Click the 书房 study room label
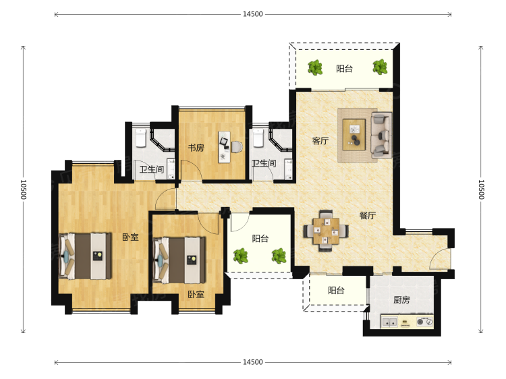pos(196,148)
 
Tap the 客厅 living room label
pos(320,141)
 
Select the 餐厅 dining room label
pos(368,215)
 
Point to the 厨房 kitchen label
pos(401,300)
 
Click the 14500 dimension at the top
pos(253,14)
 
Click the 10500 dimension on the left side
pos(23,189)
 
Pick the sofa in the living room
pos(381,135)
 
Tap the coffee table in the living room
pos(354,134)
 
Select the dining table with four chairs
pos(326,231)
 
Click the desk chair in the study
pos(237,147)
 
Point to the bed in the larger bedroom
pos(85,256)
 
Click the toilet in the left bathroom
pos(141,138)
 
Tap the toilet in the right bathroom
pos(258,138)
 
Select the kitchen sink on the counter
pos(390,322)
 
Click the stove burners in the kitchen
pos(424,322)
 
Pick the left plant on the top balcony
pos(314,67)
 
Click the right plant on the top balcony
pos(380,67)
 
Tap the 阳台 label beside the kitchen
pos(336,290)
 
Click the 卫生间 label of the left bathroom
pos(152,169)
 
